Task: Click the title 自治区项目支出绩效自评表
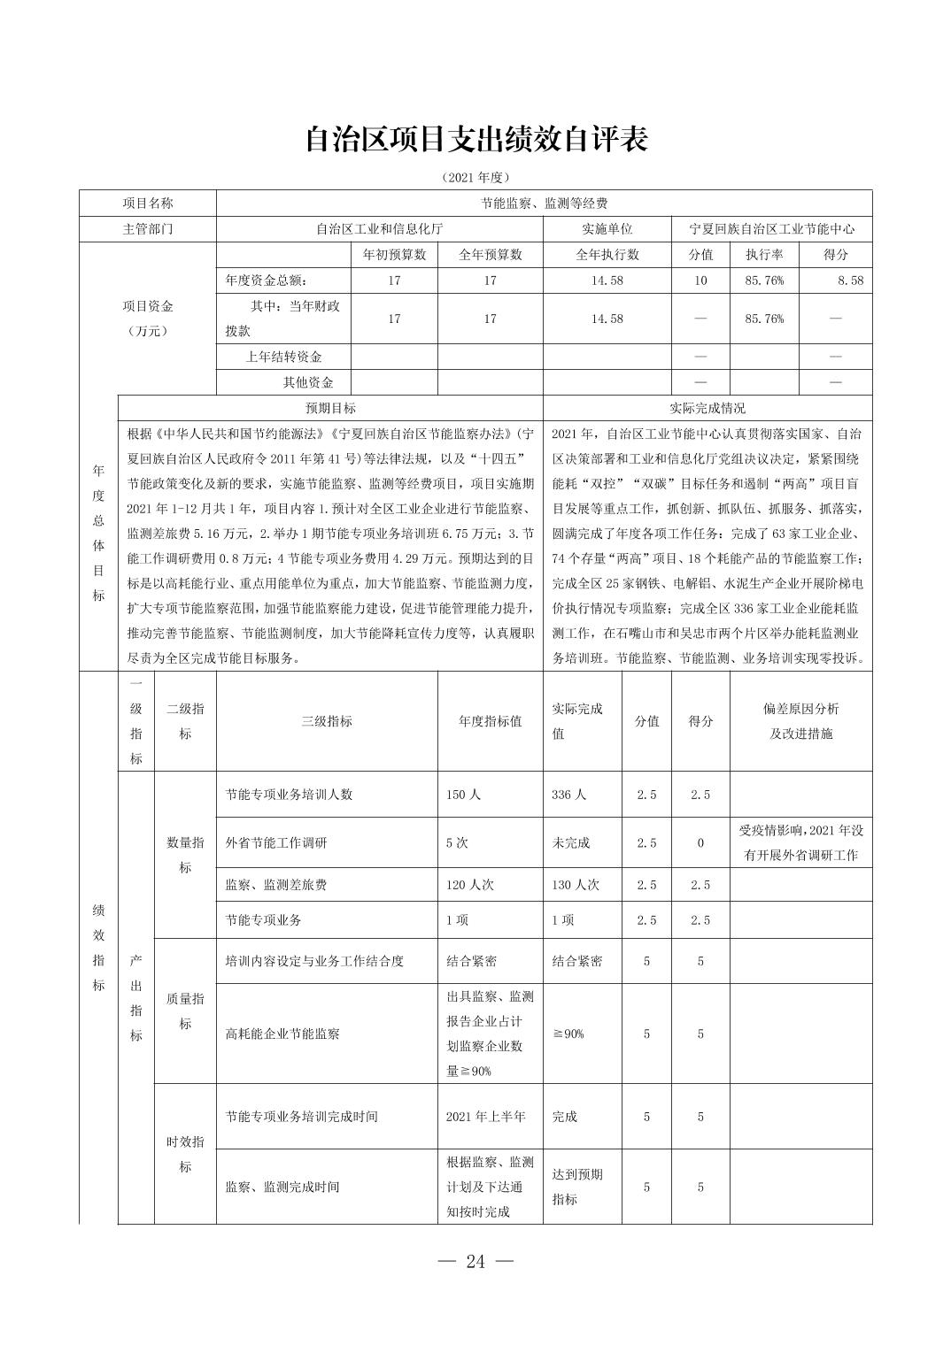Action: (475, 140)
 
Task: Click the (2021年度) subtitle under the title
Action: (475, 177)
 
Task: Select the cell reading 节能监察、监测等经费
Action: (544, 204)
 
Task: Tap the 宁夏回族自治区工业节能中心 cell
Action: (772, 228)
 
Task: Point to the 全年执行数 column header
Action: (607, 255)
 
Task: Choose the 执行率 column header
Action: (764, 255)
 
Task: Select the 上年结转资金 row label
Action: (283, 357)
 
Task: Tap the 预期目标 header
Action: (330, 408)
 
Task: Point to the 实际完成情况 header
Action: (707, 408)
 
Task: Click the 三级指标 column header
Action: (327, 721)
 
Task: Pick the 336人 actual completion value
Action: (568, 795)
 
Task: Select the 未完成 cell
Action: (571, 842)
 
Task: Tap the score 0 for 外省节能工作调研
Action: (700, 842)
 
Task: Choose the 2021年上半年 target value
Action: (486, 1117)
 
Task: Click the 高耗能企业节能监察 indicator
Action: (282, 1034)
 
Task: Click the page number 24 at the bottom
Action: (475, 1262)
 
